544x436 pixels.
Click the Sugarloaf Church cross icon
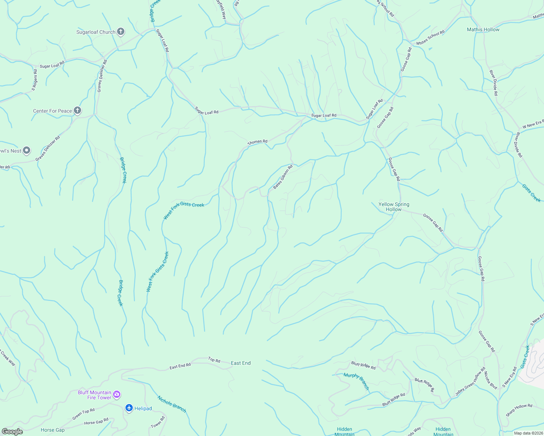(121, 32)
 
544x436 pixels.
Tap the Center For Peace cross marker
(77, 110)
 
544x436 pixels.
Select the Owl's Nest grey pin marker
(26, 150)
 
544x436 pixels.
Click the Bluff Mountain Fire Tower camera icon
(117, 394)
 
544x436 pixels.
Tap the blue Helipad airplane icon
(129, 408)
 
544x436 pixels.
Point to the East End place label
(241, 363)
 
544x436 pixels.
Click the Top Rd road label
(214, 360)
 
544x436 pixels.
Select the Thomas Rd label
(257, 142)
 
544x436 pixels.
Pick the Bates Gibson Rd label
(283, 177)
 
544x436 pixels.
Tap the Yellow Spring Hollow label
(394, 207)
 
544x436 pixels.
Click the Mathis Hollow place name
(483, 29)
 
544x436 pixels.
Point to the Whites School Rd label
(430, 38)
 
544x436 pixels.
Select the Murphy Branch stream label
(356, 381)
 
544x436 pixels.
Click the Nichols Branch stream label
(172, 404)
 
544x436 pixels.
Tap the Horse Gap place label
(53, 430)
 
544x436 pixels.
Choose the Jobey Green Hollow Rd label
(470, 381)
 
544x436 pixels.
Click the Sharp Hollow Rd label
(519, 410)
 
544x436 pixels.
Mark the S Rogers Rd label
(35, 80)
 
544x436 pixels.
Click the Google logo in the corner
(12, 431)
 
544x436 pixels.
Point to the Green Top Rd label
(83, 414)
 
